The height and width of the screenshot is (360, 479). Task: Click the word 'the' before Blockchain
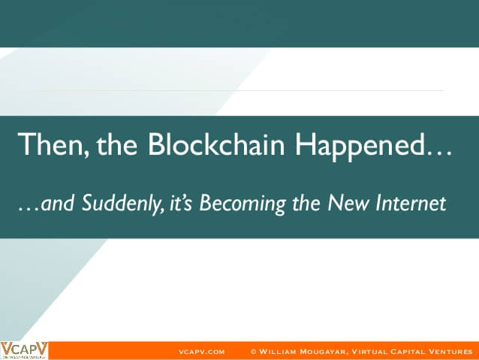[x=116, y=144]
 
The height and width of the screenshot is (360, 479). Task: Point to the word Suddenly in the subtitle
[x=123, y=204]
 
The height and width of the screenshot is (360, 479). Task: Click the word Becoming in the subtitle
[x=243, y=204]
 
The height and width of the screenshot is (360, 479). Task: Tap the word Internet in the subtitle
[x=411, y=203]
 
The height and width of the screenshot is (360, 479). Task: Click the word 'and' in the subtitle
[x=57, y=203]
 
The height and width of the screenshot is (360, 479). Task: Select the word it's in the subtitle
[x=180, y=204]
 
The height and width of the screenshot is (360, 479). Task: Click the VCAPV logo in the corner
[x=24, y=350]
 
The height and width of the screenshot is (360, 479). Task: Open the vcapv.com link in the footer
[x=202, y=352]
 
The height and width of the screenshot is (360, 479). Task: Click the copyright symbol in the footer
[x=253, y=352]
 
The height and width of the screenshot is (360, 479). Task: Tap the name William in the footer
[x=278, y=352]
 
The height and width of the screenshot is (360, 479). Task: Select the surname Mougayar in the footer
[x=324, y=352]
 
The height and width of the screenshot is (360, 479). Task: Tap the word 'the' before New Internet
[x=306, y=203]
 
